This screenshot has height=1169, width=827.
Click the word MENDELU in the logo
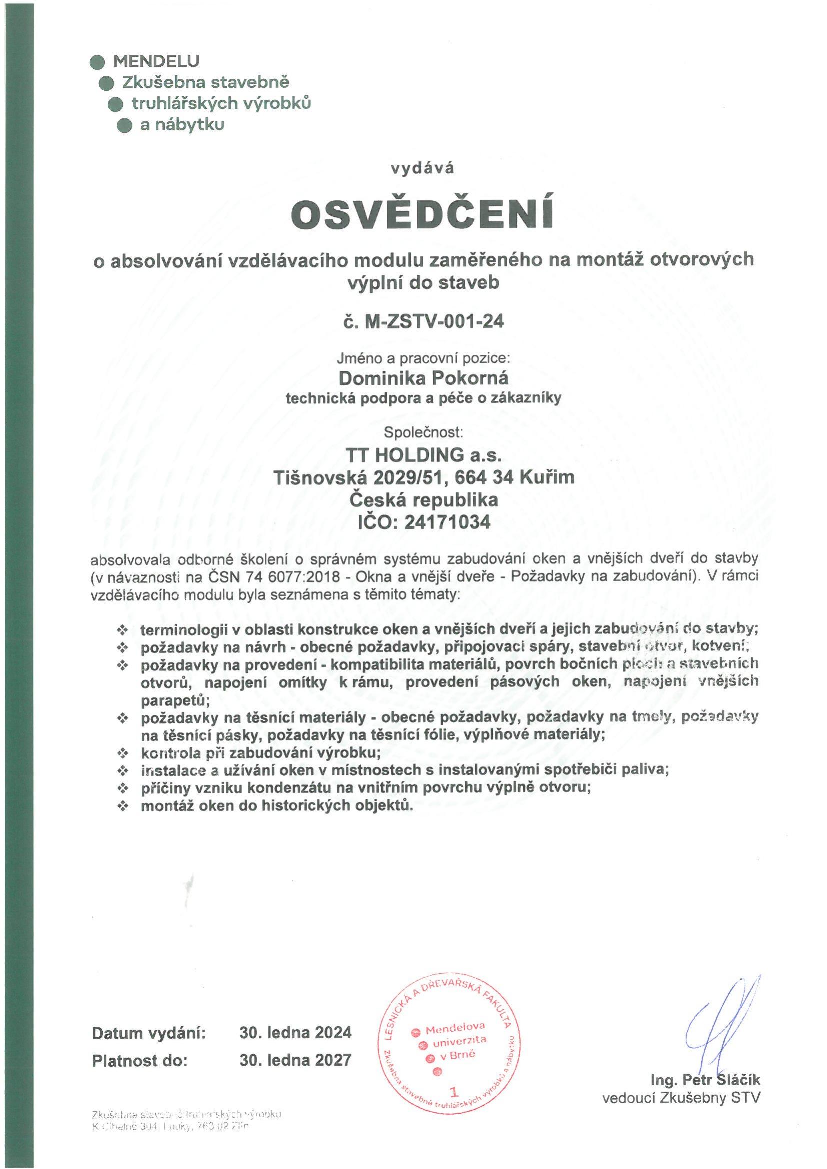pos(156,61)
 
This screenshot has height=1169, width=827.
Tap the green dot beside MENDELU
pos(97,62)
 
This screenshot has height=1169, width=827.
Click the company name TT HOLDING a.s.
pos(423,454)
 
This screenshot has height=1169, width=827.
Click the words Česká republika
pos(423,500)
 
